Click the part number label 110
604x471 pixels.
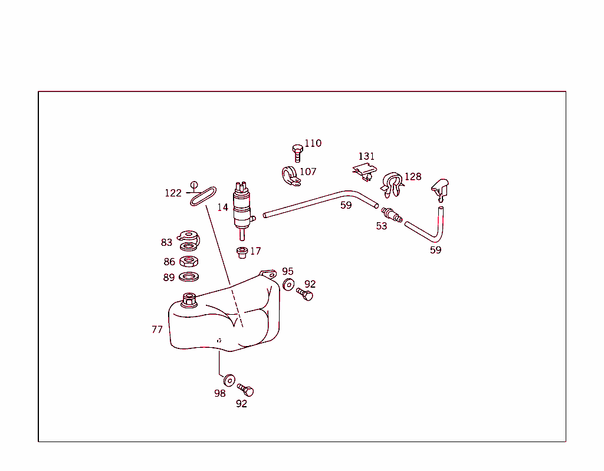pos(313,143)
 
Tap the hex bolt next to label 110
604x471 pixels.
pos(297,153)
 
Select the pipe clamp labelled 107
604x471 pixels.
pos(290,176)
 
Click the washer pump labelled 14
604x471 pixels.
pos(243,210)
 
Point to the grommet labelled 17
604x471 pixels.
pos(242,253)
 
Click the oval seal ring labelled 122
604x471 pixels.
pos(203,196)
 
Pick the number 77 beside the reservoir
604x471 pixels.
pos(157,330)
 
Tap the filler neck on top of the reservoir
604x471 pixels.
pos(189,300)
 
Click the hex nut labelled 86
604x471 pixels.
pos(189,262)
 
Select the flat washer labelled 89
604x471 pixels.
pos(189,276)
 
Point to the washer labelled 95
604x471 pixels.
pos(288,285)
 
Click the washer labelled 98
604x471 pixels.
pos(229,380)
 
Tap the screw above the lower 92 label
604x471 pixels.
pos(245,390)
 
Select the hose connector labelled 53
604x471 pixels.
pos(392,215)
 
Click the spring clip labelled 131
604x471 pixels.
pos(365,172)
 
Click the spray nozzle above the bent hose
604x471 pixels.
pos(440,189)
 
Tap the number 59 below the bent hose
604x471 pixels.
pos(436,250)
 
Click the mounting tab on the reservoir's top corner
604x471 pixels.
pos(268,274)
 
